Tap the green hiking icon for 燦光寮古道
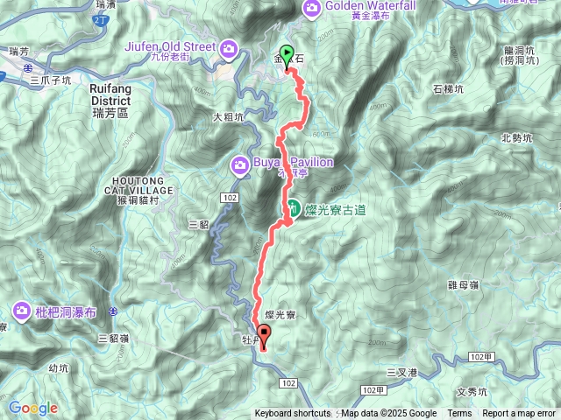[x=290, y=208]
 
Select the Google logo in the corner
[x=32, y=408]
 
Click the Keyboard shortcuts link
[x=293, y=414]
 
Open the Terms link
[x=459, y=414]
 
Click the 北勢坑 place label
[x=516, y=137]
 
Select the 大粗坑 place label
[x=228, y=116]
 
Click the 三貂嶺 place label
[x=114, y=338]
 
